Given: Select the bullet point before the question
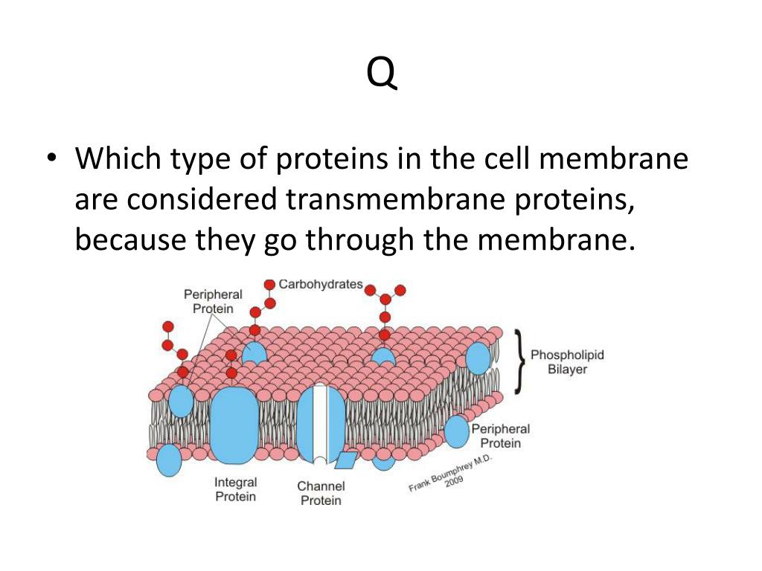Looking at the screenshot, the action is [x=51, y=160].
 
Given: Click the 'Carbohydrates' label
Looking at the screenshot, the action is [x=320, y=284].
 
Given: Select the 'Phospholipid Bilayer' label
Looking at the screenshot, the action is [x=567, y=362].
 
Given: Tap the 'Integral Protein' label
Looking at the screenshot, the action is [x=235, y=489].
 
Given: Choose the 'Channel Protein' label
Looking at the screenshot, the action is [x=321, y=493].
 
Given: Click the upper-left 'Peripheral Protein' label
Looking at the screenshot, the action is [x=213, y=301].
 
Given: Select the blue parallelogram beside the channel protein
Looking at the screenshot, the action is [x=345, y=460].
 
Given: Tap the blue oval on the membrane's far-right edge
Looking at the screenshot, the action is [x=478, y=358].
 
